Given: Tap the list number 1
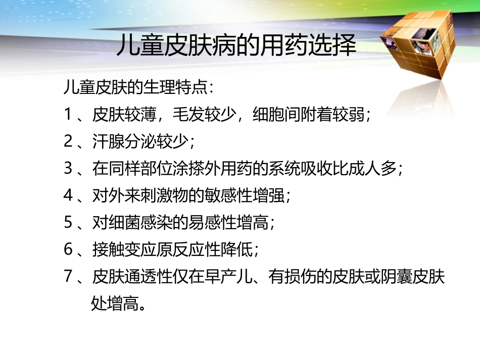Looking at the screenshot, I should (69, 115).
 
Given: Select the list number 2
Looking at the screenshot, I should (69, 141).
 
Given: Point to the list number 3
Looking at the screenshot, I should (69, 169).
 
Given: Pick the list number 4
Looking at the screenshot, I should (69, 195).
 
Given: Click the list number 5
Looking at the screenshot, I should (69, 222).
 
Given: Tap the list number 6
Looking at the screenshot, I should (69, 249).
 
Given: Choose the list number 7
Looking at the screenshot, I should (69, 276).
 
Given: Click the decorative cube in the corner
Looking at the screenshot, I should (415, 46).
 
